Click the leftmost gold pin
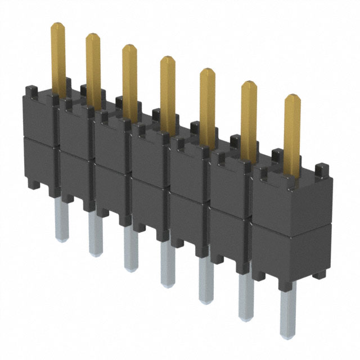[58, 56]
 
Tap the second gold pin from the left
[93, 67]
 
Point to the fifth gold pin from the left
[208, 104]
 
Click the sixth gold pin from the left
[249, 118]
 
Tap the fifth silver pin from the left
[206, 278]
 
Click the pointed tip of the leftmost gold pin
[58, 25]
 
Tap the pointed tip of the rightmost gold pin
[292, 97]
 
